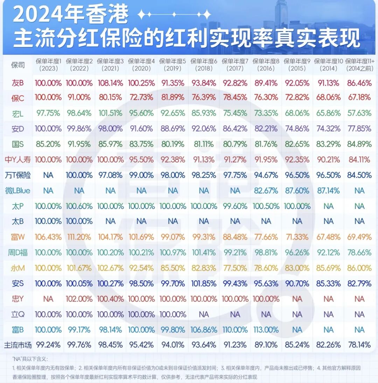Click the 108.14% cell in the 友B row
tap(110, 83)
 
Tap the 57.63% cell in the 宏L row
tap(359, 113)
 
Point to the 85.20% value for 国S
tap(48, 144)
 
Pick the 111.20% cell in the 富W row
tap(79, 237)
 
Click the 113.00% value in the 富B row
tap(266, 330)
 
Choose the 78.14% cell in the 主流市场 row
tap(359, 345)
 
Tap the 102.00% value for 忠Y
tap(79, 299)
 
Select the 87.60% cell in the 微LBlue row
tap(297, 190)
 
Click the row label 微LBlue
tap(18, 190)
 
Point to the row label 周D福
tap(18, 252)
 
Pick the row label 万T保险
tap(18, 175)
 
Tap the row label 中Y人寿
tap(18, 160)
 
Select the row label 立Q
tap(18, 314)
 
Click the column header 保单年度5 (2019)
tap(173, 65)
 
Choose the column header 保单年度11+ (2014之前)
tap(359, 65)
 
